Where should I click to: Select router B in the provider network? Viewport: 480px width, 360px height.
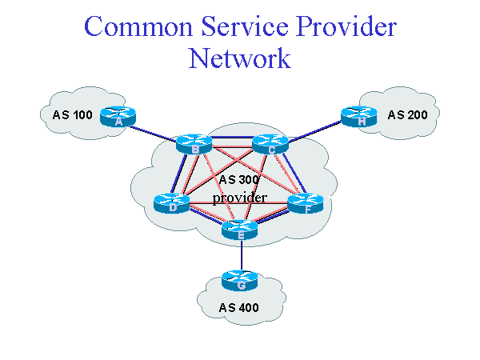[x=194, y=144]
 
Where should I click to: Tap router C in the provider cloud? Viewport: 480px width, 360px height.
[x=270, y=144]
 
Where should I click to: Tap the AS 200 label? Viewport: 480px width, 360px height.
[x=407, y=115]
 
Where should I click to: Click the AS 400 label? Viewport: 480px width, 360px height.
[x=239, y=307]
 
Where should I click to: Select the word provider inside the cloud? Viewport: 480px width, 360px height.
[x=239, y=197]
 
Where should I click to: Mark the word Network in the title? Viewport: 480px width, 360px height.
[x=239, y=59]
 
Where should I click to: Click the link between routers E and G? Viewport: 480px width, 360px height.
[x=241, y=257]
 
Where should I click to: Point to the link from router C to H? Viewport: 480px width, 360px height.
[x=314, y=130]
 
